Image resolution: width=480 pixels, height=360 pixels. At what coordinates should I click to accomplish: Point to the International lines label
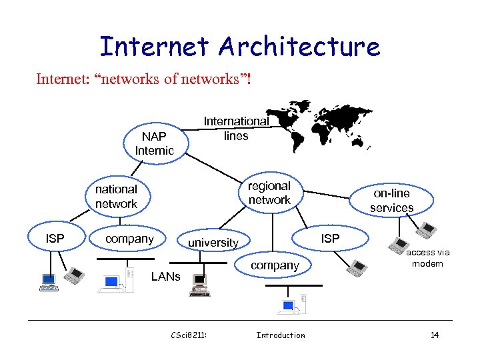click(236, 129)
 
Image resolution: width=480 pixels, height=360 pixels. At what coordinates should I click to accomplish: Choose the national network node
click(116, 197)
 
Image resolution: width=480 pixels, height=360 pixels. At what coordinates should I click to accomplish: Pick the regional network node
click(269, 193)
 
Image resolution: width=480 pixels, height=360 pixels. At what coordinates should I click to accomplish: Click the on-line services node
click(392, 200)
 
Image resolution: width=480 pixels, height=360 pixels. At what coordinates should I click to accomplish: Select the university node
click(213, 243)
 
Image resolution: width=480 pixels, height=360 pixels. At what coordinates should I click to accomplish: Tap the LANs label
click(165, 276)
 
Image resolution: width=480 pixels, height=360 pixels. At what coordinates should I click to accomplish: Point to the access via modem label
click(427, 258)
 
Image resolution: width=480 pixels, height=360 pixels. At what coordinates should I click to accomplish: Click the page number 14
click(434, 335)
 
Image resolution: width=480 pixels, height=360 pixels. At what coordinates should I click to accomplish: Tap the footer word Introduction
click(281, 335)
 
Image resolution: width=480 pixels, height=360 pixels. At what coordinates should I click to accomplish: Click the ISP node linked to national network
click(55, 239)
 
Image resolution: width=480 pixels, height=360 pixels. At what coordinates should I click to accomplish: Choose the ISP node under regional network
click(330, 239)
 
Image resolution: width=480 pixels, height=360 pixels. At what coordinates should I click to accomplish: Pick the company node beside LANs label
click(130, 239)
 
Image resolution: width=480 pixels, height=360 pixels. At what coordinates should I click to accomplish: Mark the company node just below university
click(275, 265)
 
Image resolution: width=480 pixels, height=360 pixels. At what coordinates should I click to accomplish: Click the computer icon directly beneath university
click(199, 285)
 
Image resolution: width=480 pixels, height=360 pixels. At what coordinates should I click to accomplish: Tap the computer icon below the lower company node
click(289, 305)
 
